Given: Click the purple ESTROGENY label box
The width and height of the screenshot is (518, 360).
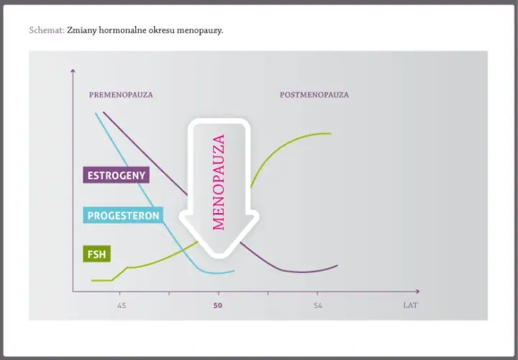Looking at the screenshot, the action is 116,175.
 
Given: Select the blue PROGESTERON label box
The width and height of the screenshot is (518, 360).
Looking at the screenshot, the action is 123,215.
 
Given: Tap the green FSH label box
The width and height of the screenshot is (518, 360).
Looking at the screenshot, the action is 97,254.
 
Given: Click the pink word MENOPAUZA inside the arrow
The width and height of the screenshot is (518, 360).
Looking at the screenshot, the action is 219,182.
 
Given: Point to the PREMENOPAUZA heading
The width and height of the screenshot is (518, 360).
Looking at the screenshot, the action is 121,95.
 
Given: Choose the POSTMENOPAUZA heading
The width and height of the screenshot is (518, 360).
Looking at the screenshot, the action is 314,95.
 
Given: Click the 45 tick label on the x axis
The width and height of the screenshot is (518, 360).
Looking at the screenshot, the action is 122,305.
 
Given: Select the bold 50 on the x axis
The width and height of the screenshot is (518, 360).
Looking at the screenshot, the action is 218,305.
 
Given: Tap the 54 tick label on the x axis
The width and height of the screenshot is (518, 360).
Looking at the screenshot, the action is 317,305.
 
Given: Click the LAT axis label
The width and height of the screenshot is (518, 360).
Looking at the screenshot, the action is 410,305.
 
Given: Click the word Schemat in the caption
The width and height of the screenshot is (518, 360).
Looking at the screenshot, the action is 47,30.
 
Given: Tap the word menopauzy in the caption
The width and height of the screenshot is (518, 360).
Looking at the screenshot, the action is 200,31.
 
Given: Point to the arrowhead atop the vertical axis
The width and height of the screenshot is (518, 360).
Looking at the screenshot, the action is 73,71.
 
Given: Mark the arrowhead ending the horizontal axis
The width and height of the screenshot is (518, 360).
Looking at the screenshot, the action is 417,291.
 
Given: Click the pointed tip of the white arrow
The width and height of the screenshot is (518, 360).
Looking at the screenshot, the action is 219,257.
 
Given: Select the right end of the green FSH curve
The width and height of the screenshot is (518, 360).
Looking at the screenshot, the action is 331,133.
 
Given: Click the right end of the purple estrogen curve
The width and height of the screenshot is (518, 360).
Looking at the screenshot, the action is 337,265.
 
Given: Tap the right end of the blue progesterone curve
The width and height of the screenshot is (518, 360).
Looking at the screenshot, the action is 234,271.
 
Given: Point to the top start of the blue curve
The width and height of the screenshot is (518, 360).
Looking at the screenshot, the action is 96,113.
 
